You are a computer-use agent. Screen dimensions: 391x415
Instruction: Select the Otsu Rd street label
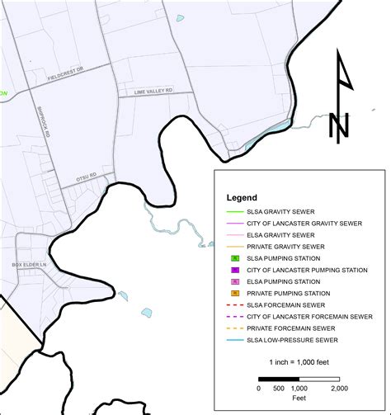click(87, 175)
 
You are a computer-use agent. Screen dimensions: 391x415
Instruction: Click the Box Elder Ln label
click(27, 264)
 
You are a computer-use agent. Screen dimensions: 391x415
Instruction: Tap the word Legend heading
click(242, 198)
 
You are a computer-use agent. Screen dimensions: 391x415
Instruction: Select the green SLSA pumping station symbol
click(235, 258)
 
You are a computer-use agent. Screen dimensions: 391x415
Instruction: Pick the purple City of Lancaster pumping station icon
click(235, 270)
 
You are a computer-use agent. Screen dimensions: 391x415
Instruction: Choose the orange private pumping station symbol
click(235, 293)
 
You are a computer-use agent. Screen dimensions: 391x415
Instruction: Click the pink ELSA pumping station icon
click(235, 281)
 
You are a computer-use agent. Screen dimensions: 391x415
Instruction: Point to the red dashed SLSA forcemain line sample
click(235, 304)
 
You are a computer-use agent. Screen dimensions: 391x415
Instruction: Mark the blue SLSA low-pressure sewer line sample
click(235, 339)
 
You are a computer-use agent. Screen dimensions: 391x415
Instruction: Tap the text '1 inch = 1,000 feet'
click(299, 362)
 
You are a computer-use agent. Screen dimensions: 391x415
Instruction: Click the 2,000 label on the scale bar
click(340, 388)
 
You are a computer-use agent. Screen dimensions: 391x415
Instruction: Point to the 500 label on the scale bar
click(279, 388)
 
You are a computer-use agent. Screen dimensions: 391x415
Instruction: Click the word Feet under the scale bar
click(299, 397)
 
